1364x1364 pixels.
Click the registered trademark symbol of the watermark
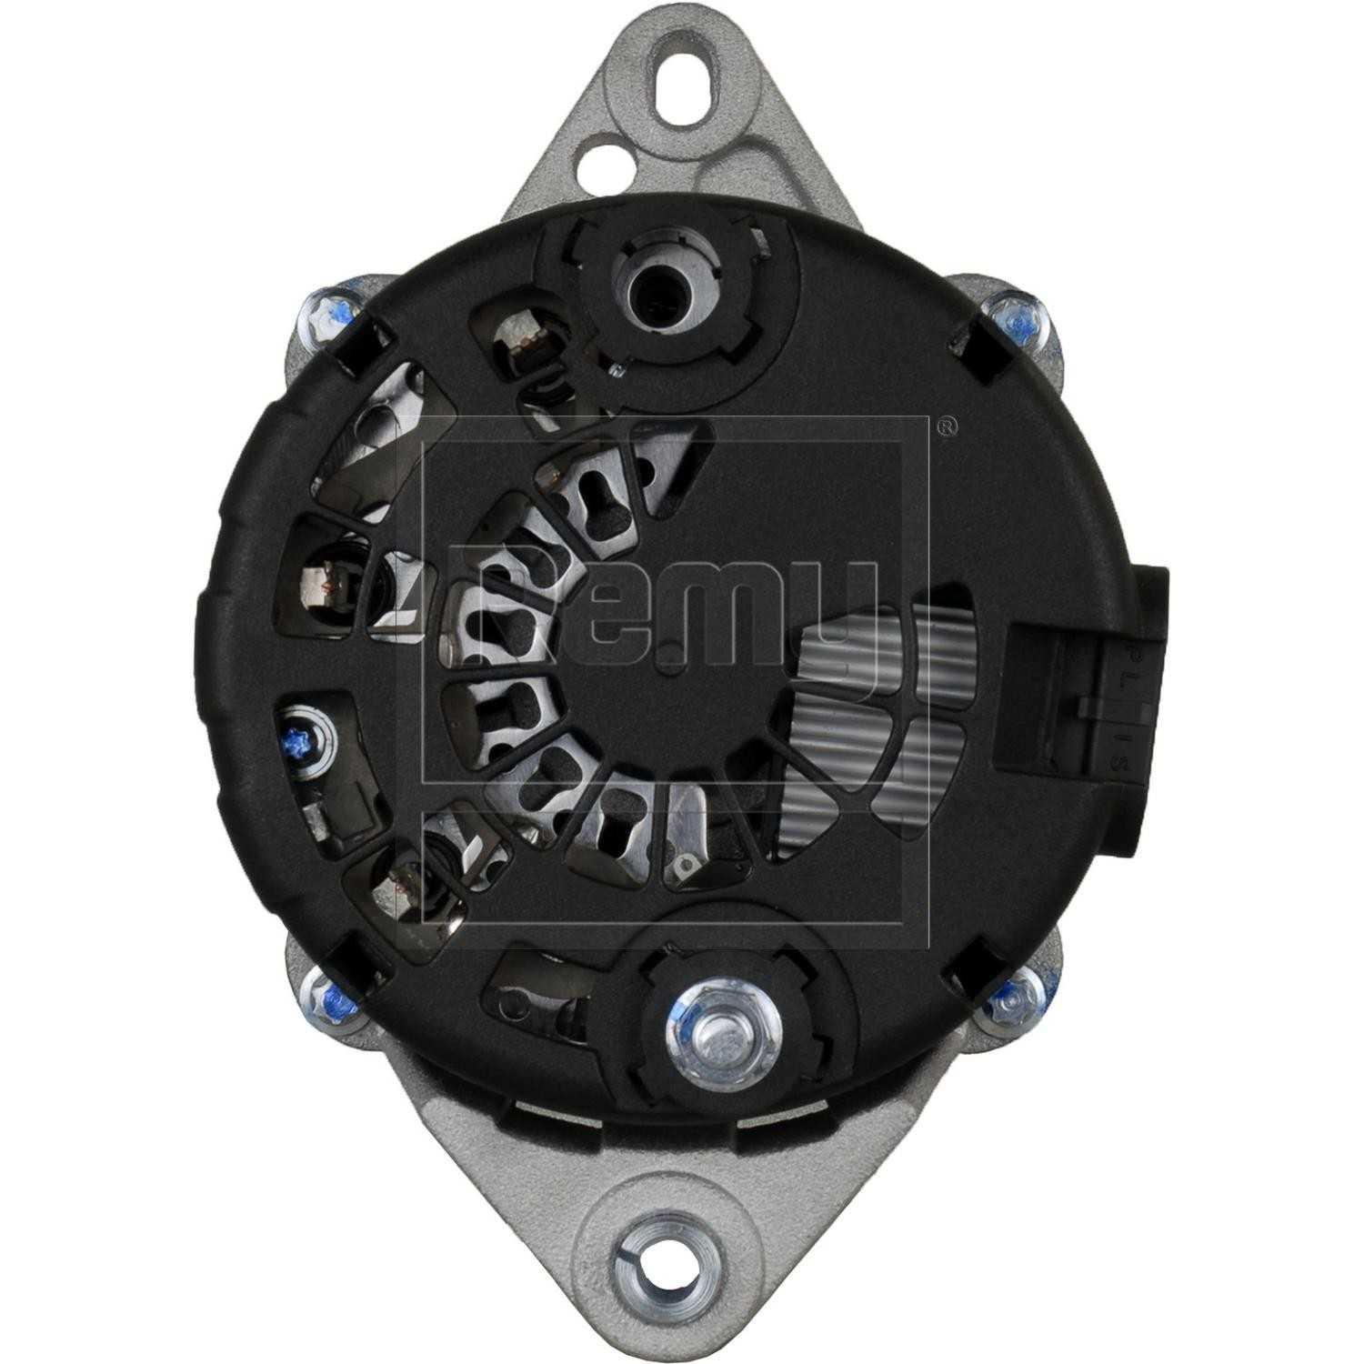tap(946, 426)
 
